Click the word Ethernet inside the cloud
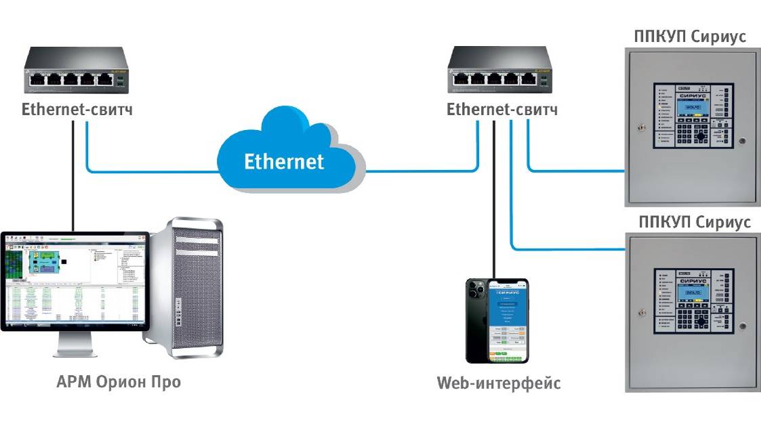(x=284, y=161)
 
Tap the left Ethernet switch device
(x=75, y=72)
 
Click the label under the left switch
(x=77, y=109)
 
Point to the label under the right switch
(x=502, y=109)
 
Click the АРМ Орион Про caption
(x=119, y=382)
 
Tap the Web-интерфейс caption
(x=499, y=384)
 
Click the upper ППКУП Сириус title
(x=690, y=37)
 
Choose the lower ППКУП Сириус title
(x=695, y=222)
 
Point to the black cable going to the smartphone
(x=495, y=203)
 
